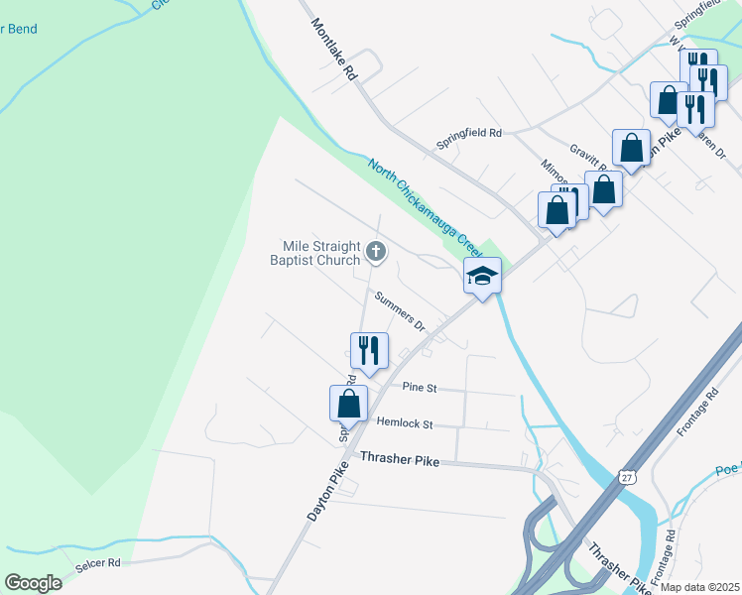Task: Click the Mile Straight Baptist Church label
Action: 315,253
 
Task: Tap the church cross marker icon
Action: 375,252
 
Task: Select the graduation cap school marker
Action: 482,276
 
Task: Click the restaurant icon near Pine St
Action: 368,350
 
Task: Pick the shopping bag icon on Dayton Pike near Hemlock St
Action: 348,403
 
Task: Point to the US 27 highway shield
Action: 625,477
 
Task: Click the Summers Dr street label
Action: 401,310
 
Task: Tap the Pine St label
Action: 420,388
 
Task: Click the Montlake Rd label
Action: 332,49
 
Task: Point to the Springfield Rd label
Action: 469,132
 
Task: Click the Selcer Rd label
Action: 97,562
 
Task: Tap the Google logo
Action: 33,583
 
